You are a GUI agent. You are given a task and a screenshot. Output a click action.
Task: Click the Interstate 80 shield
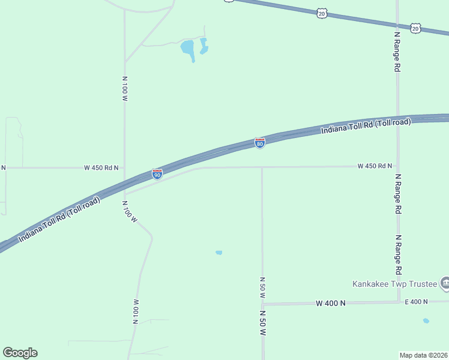259,143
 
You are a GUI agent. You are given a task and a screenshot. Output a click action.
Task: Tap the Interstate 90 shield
157,174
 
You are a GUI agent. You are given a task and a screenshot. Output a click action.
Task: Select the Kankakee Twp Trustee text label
394,283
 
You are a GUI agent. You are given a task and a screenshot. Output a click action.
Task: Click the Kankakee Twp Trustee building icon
445,282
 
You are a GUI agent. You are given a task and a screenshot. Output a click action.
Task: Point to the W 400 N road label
331,304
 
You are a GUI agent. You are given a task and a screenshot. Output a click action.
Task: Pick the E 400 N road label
416,302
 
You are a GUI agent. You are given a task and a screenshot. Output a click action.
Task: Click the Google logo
20,353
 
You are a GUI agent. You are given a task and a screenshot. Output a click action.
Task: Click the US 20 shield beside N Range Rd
415,28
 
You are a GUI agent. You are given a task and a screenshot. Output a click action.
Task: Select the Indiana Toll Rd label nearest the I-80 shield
366,126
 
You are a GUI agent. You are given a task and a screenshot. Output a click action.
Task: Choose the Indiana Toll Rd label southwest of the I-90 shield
59,220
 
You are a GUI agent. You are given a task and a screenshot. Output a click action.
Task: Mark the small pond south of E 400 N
426,321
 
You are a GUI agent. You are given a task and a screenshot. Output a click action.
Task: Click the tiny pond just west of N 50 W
219,253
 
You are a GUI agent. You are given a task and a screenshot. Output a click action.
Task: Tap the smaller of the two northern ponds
204,46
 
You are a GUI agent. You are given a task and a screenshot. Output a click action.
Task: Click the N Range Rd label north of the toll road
397,52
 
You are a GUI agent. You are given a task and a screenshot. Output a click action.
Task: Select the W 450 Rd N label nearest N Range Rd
375,166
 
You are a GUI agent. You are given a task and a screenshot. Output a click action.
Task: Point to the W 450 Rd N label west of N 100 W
101,168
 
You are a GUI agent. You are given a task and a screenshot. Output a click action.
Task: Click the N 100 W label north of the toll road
125,88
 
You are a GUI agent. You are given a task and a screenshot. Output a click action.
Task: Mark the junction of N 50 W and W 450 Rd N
262,167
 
